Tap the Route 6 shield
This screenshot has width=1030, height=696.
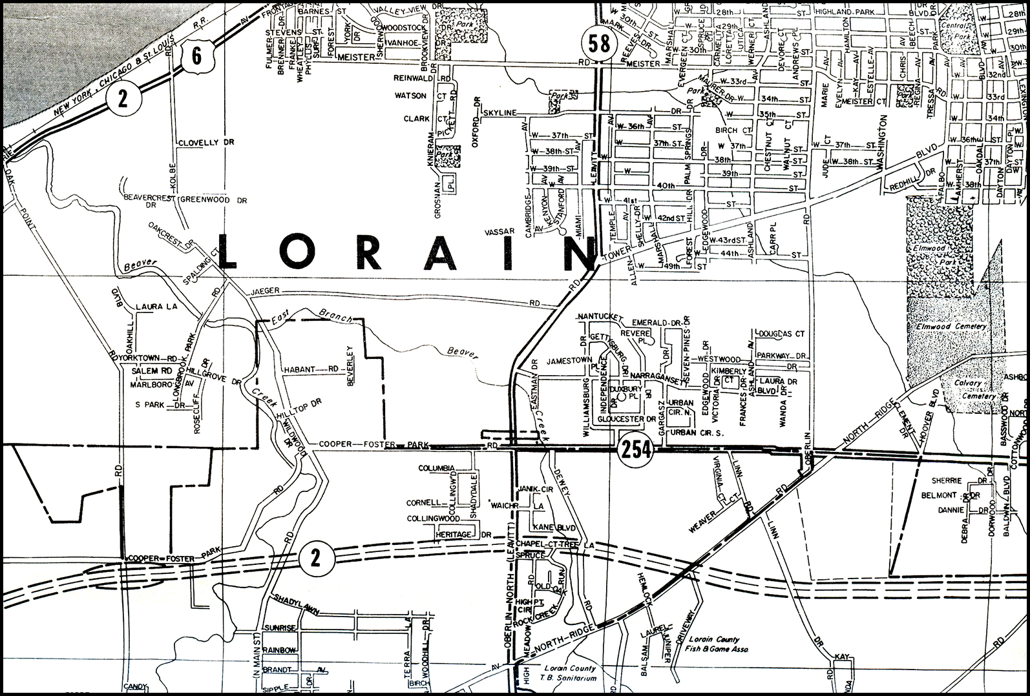[x=196, y=56]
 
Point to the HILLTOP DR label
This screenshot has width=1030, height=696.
[x=299, y=410]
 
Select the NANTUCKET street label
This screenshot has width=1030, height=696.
[x=599, y=317]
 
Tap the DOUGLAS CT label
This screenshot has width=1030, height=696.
[x=782, y=334]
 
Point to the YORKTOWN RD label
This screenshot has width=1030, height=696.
[x=149, y=358]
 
